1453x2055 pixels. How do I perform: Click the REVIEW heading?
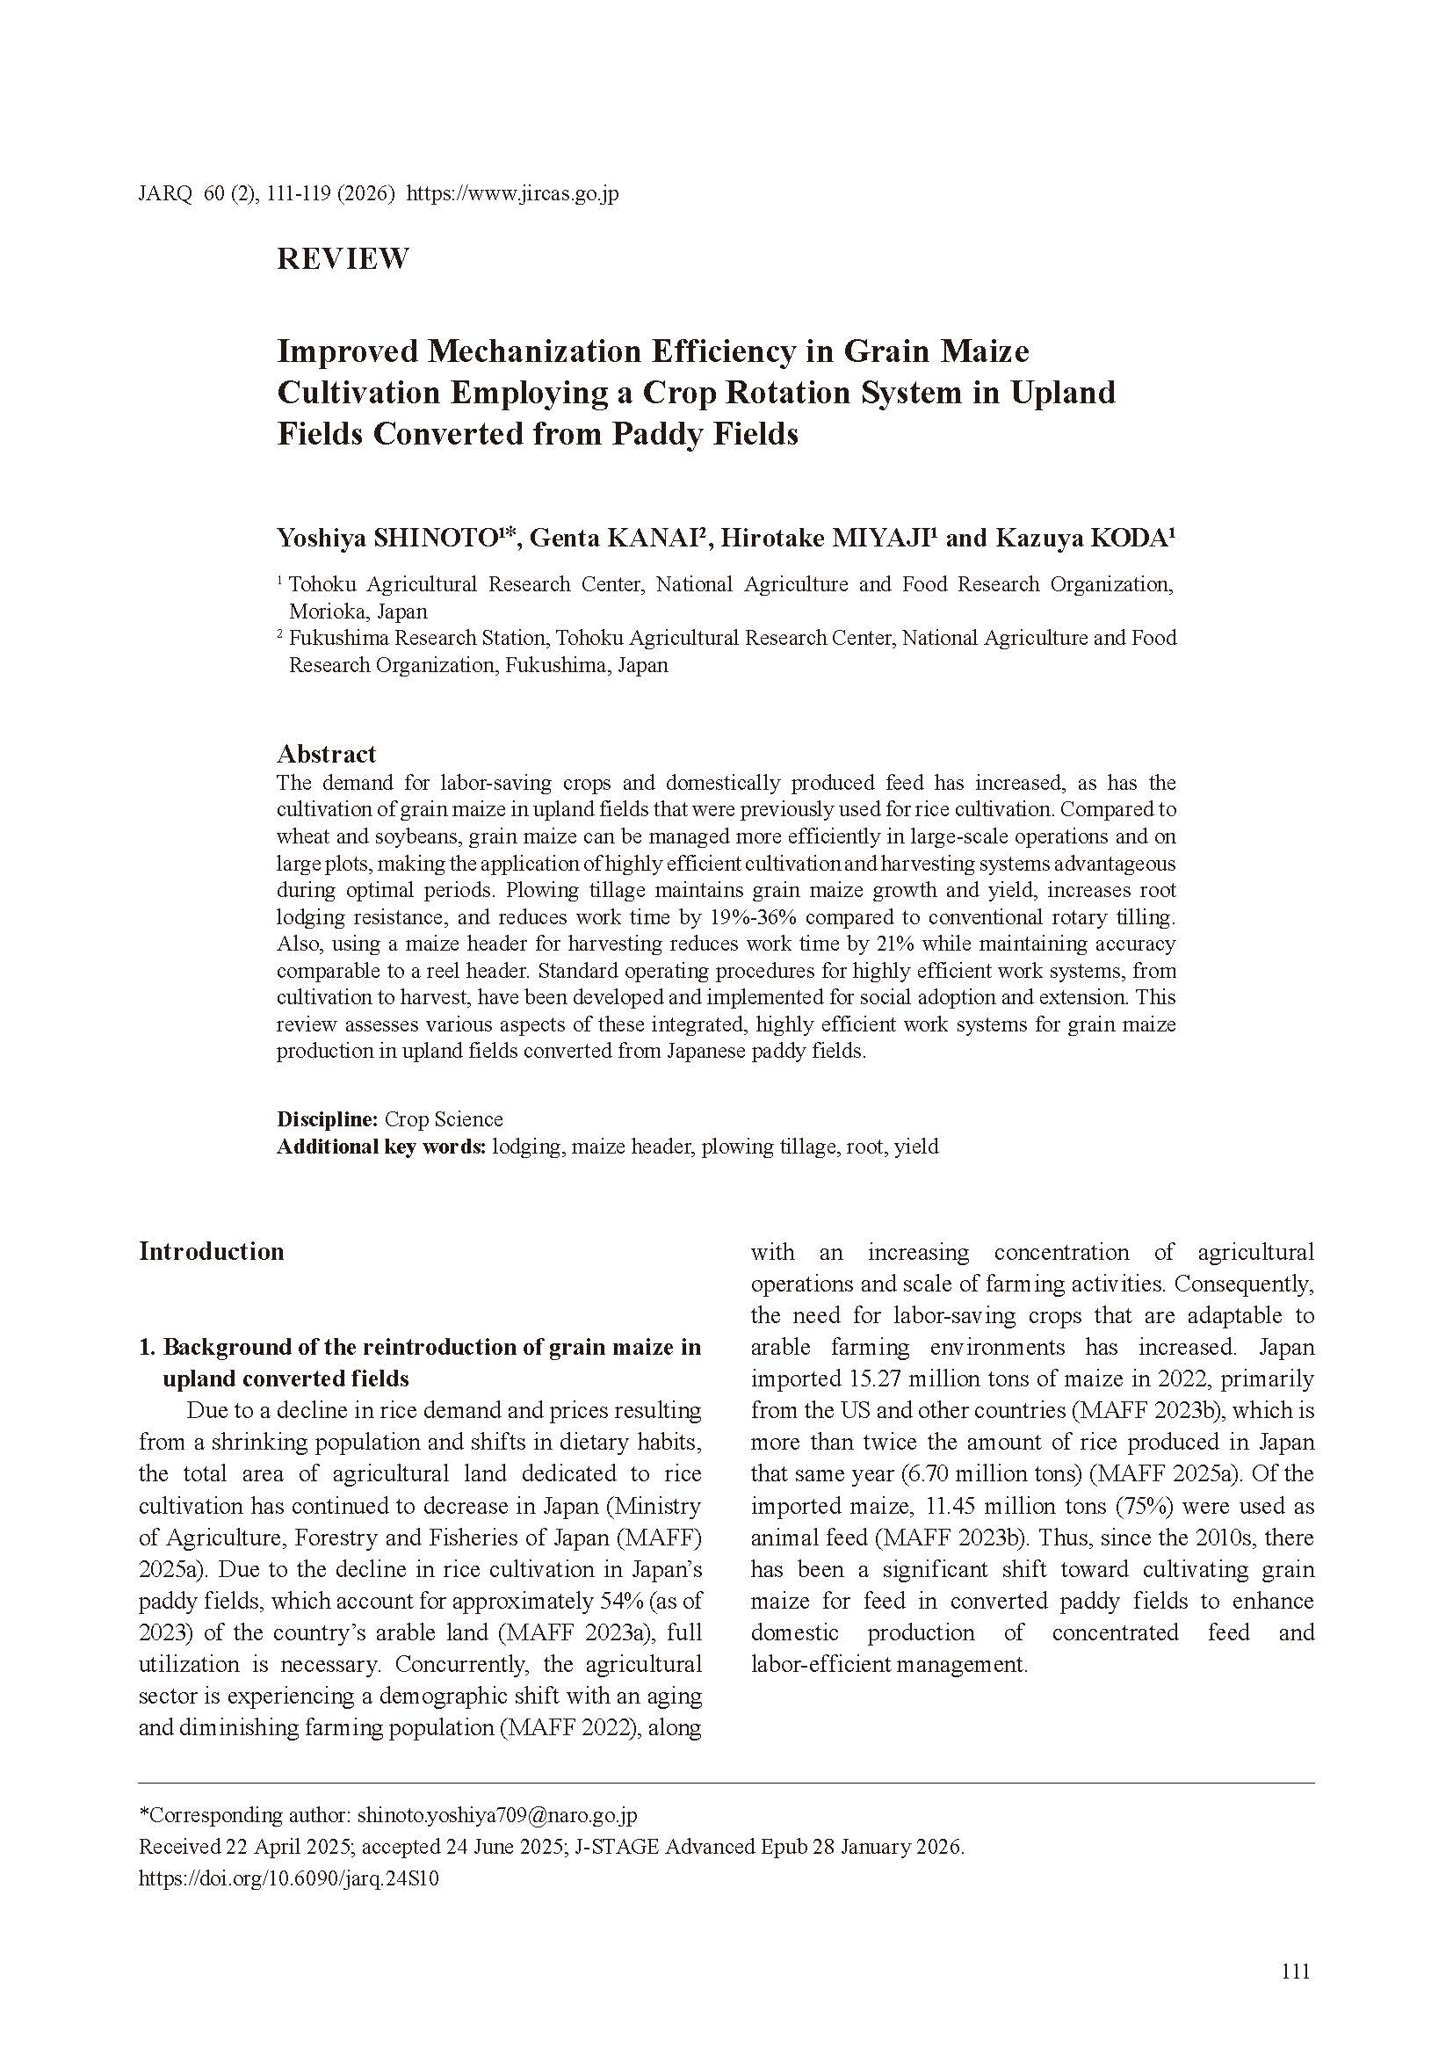click(x=343, y=258)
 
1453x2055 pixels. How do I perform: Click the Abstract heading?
click(x=327, y=754)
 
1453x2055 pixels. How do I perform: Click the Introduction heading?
click(x=211, y=1251)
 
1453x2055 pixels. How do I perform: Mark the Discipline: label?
click(x=328, y=1119)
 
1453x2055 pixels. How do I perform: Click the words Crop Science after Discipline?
click(x=444, y=1119)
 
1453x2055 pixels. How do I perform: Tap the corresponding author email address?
click(x=496, y=1816)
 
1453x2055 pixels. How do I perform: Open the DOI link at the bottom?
click(x=288, y=1879)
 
